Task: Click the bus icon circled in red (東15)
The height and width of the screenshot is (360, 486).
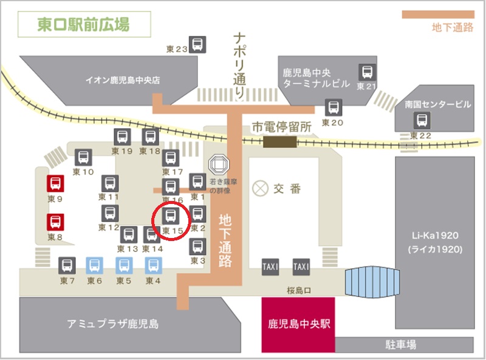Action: tap(172, 216)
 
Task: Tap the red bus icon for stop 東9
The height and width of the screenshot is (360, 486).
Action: tap(55, 183)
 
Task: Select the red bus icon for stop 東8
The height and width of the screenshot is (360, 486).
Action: tap(55, 222)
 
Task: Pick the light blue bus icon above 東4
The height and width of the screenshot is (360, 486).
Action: tap(153, 265)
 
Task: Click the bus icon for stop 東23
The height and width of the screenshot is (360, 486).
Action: tap(198, 44)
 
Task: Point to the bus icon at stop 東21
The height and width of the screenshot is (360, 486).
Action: tap(367, 72)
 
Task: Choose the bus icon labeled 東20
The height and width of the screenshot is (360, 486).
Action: tap(333, 107)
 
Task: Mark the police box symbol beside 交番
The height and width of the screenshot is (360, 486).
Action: tap(261, 188)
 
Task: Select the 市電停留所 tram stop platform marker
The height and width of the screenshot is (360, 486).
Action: tap(280, 141)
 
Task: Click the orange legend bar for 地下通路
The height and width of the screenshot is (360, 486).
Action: tap(437, 15)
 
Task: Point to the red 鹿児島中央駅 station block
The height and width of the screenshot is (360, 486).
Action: tap(298, 324)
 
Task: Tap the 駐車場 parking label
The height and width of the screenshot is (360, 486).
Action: tap(402, 345)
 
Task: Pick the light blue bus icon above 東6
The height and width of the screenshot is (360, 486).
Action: tap(95, 265)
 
